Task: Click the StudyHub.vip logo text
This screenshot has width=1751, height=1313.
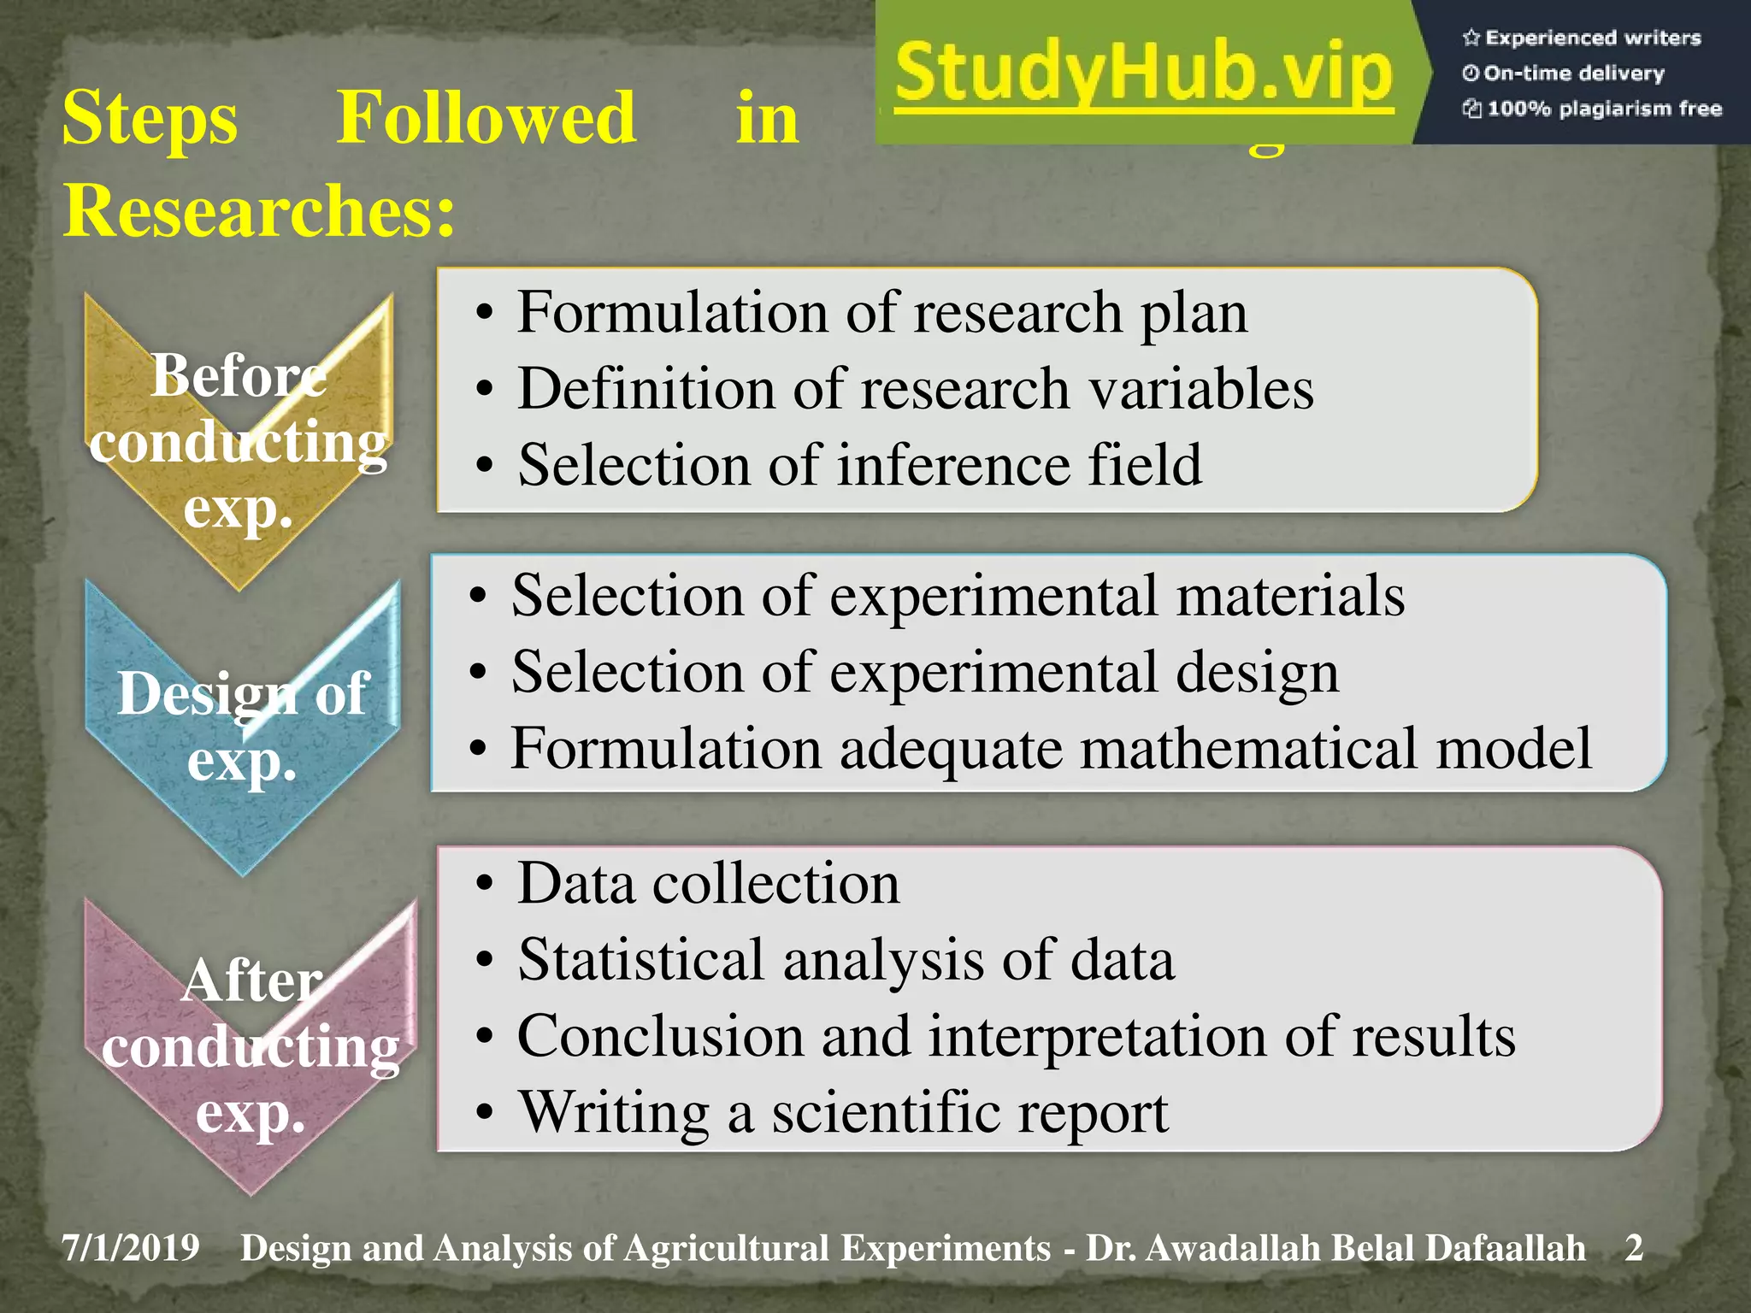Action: pos(1144,75)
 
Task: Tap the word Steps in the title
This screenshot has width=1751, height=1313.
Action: pos(150,118)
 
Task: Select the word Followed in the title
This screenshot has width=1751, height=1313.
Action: pos(486,118)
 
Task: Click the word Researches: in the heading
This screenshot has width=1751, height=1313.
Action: pos(259,210)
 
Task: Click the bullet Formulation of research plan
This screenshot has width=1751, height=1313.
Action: pos(881,312)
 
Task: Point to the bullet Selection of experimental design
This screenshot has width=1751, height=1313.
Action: pos(924,672)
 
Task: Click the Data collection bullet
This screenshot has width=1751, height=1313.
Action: pos(708,883)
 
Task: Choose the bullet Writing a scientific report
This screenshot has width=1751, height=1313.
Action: pos(843,1113)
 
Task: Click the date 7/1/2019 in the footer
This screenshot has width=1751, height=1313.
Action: pos(131,1248)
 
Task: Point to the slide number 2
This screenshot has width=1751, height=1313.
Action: pos(1634,1248)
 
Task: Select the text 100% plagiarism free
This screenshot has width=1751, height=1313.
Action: pos(1603,109)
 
